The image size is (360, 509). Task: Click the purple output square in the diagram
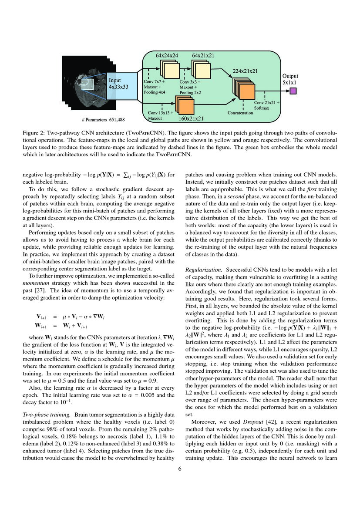293,91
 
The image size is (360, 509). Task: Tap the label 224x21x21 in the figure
245,71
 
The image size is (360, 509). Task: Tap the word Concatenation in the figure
240,113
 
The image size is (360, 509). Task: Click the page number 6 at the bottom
180,469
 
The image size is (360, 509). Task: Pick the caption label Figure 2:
36,131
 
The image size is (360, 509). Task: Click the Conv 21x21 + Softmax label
267,105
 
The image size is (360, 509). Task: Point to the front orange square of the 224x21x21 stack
247,91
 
